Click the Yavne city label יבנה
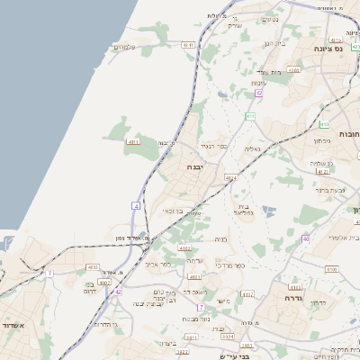tap(195, 166)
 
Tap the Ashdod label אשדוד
tap(13, 326)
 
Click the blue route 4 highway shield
tap(137, 206)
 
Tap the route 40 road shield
tap(306, 238)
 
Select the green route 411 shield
tap(250, 116)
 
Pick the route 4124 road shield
tap(231, 178)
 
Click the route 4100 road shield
tap(331, 268)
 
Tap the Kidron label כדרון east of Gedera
tap(318, 303)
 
